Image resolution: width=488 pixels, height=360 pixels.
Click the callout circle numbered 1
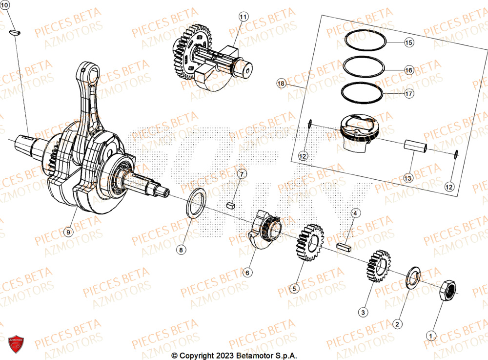click(x=430, y=336)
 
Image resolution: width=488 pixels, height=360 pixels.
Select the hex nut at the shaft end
click(x=448, y=290)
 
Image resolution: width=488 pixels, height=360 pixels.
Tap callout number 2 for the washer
click(x=396, y=324)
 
